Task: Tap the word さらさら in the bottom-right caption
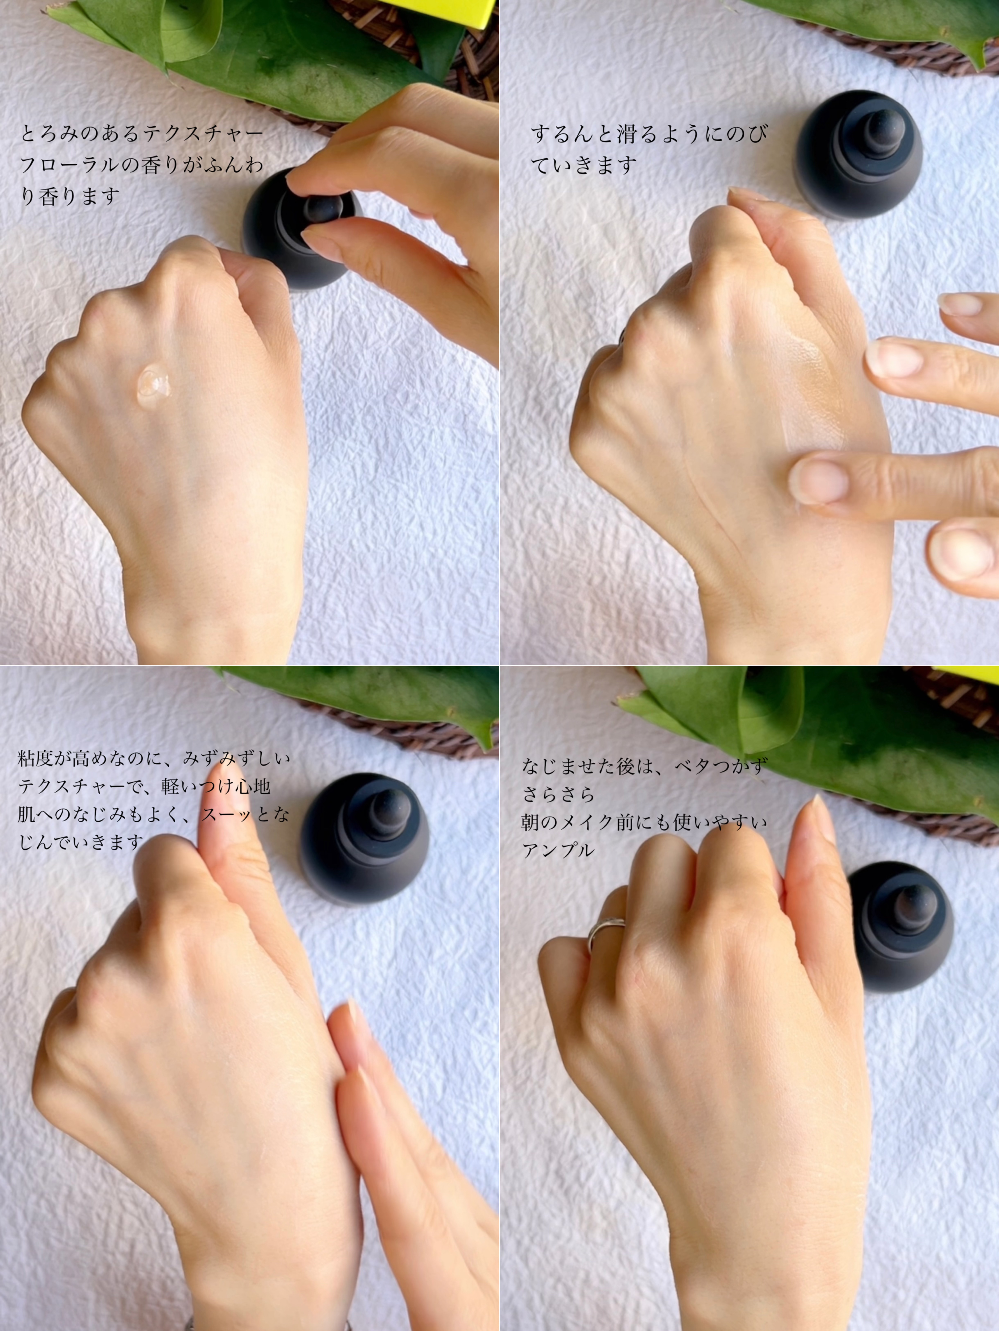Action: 558,794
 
